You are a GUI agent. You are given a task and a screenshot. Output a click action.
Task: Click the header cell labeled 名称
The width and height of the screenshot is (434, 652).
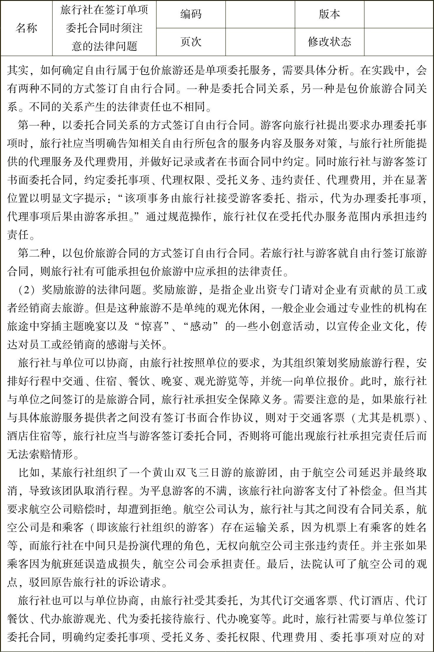pyautogui.click(x=26, y=28)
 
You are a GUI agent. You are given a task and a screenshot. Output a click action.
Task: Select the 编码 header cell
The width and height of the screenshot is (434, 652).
pyautogui.click(x=191, y=14)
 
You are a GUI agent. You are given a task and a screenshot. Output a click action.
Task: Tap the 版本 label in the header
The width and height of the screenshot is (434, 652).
pyautogui.click(x=329, y=14)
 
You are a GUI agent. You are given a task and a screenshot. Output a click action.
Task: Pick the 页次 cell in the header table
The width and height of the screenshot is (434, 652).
pyautogui.click(x=191, y=42)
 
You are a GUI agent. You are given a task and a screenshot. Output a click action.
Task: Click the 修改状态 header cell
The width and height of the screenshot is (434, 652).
pyautogui.click(x=329, y=42)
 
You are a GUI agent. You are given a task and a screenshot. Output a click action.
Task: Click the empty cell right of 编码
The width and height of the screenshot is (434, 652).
pyautogui.click(x=260, y=14)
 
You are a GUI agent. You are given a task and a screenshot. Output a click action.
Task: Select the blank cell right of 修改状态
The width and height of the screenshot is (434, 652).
pyautogui.click(x=399, y=42)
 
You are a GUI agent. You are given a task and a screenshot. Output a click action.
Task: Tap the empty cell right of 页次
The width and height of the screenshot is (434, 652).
pyautogui.click(x=260, y=42)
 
